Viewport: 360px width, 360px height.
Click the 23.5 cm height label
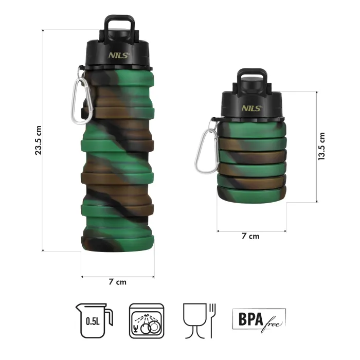(x=38, y=141)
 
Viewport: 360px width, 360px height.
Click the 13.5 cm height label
(x=322, y=147)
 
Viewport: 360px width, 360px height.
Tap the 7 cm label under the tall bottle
(x=117, y=282)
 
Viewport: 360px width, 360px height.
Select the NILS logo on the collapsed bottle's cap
(x=252, y=107)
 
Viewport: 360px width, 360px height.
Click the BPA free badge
(x=259, y=319)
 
